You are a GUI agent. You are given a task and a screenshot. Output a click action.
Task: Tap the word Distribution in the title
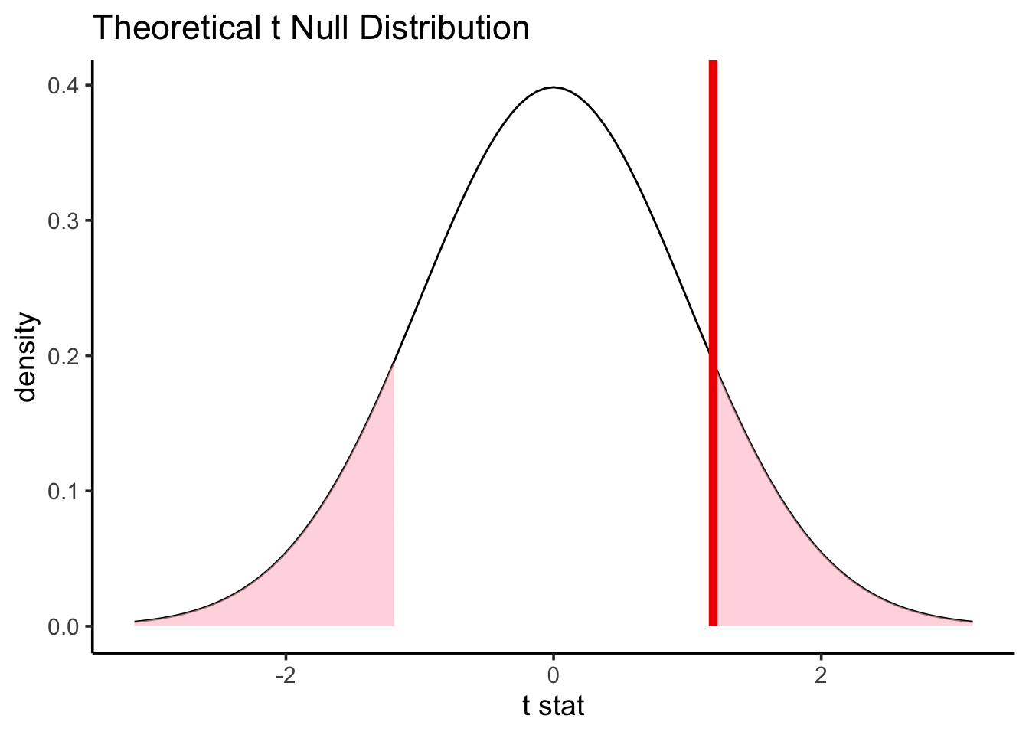444,29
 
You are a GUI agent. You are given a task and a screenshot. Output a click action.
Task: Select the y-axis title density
28,356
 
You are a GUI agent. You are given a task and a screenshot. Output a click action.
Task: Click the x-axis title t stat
553,705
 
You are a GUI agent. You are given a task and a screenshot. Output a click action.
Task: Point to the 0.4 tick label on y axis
64,86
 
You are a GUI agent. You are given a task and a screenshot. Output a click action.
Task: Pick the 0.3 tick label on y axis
64,221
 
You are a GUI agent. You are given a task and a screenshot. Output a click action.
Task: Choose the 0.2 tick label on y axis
64,356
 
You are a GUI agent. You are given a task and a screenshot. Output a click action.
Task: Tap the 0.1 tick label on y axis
64,491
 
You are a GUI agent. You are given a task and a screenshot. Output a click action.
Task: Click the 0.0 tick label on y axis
64,626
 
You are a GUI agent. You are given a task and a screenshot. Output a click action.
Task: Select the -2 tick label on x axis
285,677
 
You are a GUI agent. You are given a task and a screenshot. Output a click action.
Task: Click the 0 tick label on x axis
553,677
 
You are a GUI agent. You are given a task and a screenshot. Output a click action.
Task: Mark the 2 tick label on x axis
821,677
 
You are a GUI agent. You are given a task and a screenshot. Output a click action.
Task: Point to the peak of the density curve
553,87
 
